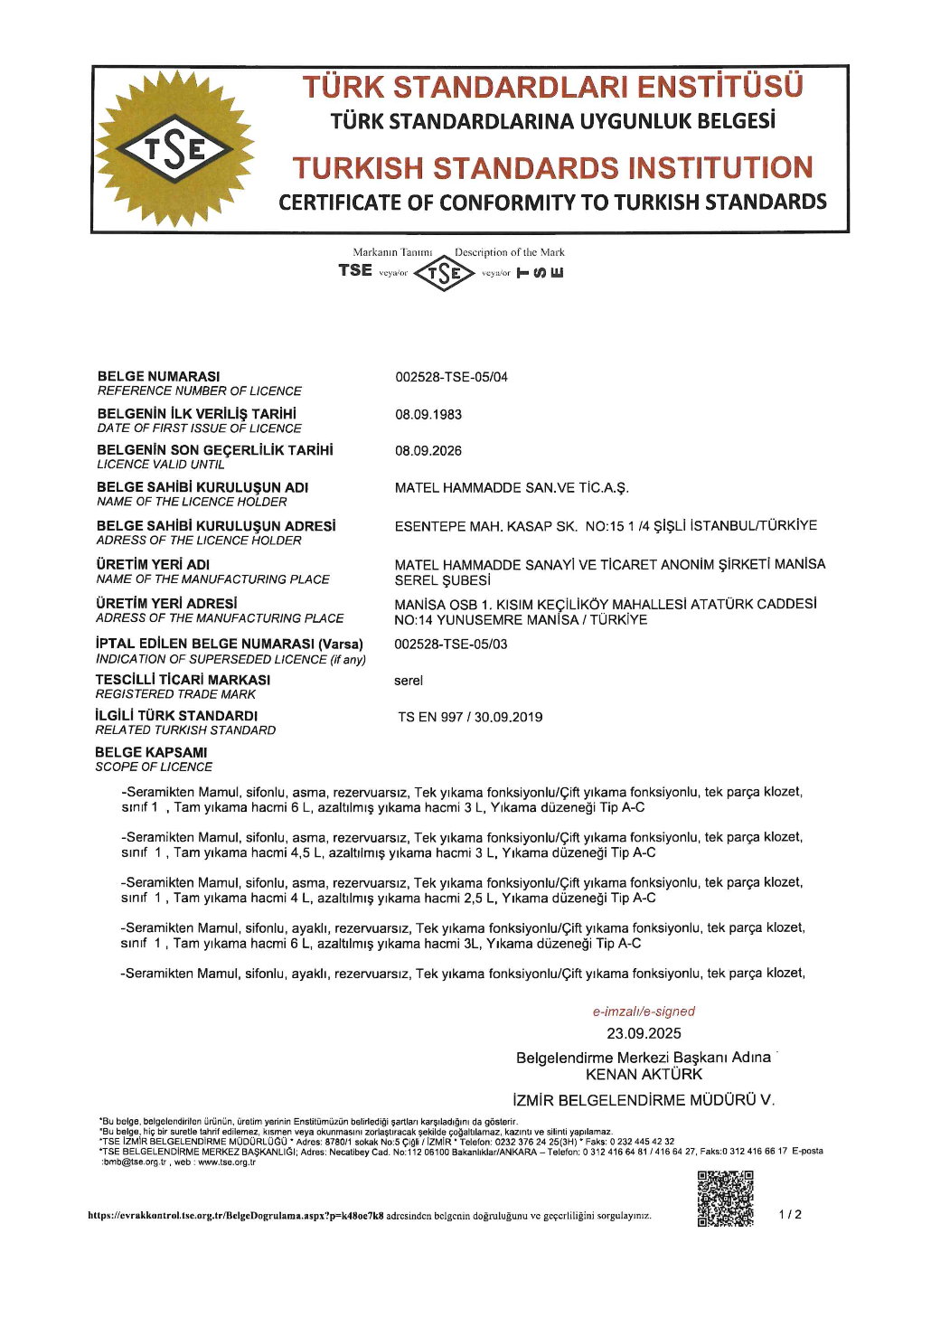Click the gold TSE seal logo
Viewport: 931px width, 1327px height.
174,149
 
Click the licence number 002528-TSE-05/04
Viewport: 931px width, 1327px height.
451,377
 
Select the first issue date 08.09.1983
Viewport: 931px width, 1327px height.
428,414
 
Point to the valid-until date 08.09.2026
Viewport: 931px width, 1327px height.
428,450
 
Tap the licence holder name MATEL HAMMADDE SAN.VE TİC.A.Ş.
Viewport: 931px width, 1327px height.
512,488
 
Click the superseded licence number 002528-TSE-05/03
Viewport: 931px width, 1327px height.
451,645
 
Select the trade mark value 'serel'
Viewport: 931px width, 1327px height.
409,681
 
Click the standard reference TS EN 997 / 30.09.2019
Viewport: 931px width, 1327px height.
470,717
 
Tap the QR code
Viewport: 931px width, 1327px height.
725,1199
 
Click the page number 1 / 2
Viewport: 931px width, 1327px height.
790,1214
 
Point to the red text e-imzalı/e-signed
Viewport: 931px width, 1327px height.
644,1012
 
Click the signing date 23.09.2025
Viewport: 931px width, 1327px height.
644,1033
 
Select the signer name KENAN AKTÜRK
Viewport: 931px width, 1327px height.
644,1074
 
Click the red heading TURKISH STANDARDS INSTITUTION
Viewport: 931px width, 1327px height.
552,168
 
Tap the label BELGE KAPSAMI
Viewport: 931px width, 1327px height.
151,752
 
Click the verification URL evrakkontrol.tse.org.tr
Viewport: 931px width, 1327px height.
236,1216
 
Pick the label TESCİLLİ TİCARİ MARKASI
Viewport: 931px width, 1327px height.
183,680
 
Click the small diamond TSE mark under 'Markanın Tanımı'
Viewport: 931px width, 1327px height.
444,273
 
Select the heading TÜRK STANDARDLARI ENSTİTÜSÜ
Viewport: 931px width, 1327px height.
552,87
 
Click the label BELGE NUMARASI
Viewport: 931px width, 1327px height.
159,376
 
